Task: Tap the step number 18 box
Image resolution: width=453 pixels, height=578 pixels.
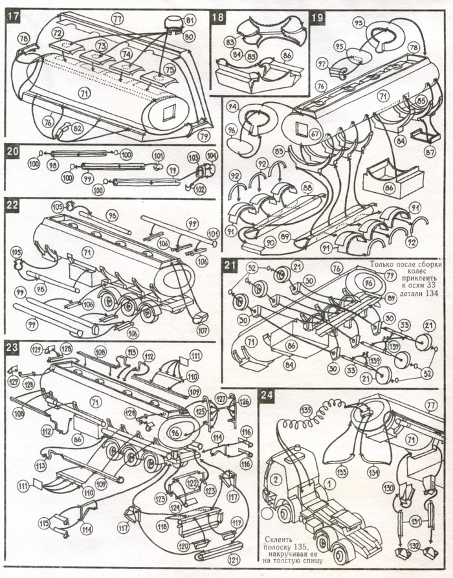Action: pyautogui.click(x=218, y=17)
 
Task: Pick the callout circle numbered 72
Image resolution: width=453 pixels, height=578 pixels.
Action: pyautogui.click(x=57, y=32)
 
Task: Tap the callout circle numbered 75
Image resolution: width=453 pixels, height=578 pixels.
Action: pyautogui.click(x=170, y=69)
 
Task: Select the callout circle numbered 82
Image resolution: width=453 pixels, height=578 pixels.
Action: pyautogui.click(x=78, y=128)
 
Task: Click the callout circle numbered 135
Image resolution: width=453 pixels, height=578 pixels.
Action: pyautogui.click(x=306, y=410)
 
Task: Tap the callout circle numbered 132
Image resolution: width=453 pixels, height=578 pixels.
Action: pyautogui.click(x=412, y=545)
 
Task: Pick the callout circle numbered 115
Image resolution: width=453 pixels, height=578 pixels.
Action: pyautogui.click(x=43, y=523)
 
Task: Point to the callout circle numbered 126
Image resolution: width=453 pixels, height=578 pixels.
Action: pyautogui.click(x=245, y=401)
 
